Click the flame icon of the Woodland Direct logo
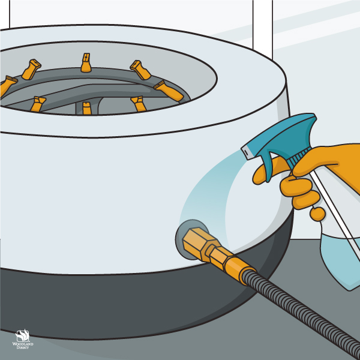point(22,335)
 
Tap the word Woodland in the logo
point(23,344)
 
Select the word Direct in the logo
point(23,347)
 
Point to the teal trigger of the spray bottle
point(269,166)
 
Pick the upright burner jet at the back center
point(86,62)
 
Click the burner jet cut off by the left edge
point(7,86)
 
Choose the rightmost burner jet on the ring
point(169,91)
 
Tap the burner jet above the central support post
point(87,109)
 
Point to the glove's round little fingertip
point(317,214)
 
